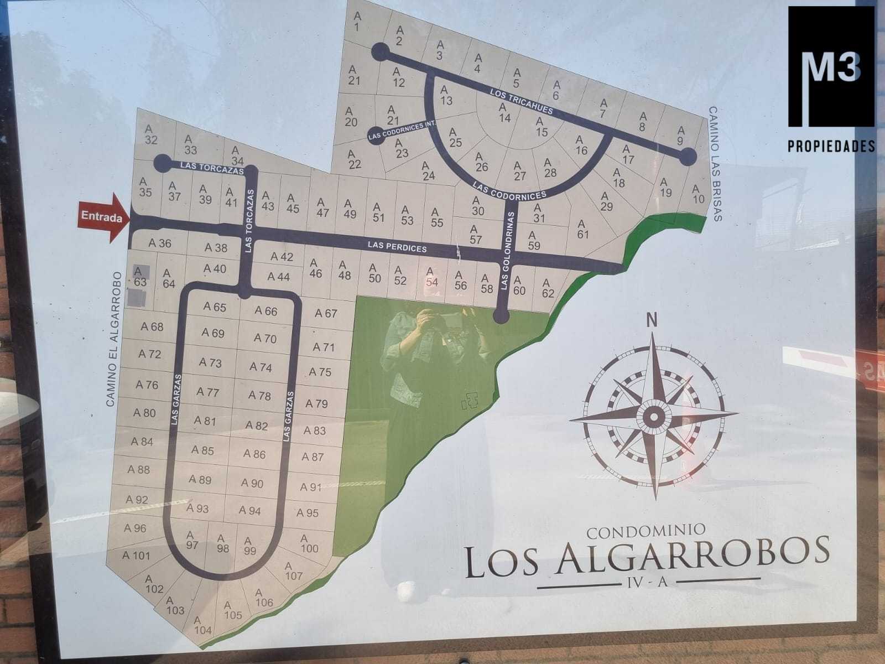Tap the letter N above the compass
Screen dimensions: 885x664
tap(653, 319)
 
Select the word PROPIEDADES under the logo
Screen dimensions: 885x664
tap(831, 146)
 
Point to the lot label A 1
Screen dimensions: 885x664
tap(357, 21)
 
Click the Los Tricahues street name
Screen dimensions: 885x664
tap(522, 101)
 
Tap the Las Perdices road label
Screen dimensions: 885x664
tap(398, 247)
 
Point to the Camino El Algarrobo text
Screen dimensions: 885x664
tap(112, 339)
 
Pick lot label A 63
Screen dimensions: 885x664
tap(140, 276)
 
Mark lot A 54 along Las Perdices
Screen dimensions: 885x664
tap(431, 276)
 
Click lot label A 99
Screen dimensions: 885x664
tap(249, 546)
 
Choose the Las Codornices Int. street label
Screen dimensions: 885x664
tap(403, 131)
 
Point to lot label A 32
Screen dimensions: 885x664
tap(150, 134)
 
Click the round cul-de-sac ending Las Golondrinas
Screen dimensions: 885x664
tap(501, 316)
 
